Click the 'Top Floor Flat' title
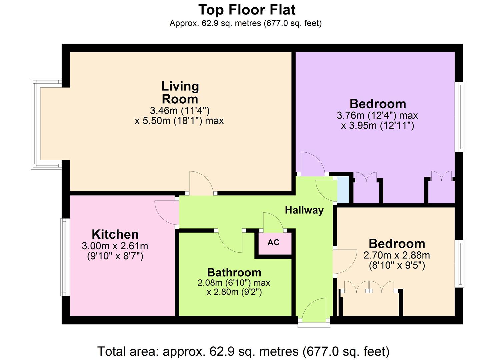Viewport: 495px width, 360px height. tap(247, 10)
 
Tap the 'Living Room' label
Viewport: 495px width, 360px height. tap(180, 93)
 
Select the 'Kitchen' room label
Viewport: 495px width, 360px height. tap(115, 234)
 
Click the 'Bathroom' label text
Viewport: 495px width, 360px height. tap(234, 272)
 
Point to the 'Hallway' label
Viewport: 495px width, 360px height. tap(304, 210)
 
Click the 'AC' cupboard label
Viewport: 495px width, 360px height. tap(273, 243)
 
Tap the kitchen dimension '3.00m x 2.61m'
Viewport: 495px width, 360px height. tap(115, 246)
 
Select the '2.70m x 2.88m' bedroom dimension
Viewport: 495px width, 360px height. tap(396, 256)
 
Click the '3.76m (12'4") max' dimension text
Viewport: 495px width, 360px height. tap(377, 116)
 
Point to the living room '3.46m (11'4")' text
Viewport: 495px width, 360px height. tap(180, 110)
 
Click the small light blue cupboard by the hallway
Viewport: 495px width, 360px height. tap(343, 190)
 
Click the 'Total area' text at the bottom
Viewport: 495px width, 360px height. tap(243, 351)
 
